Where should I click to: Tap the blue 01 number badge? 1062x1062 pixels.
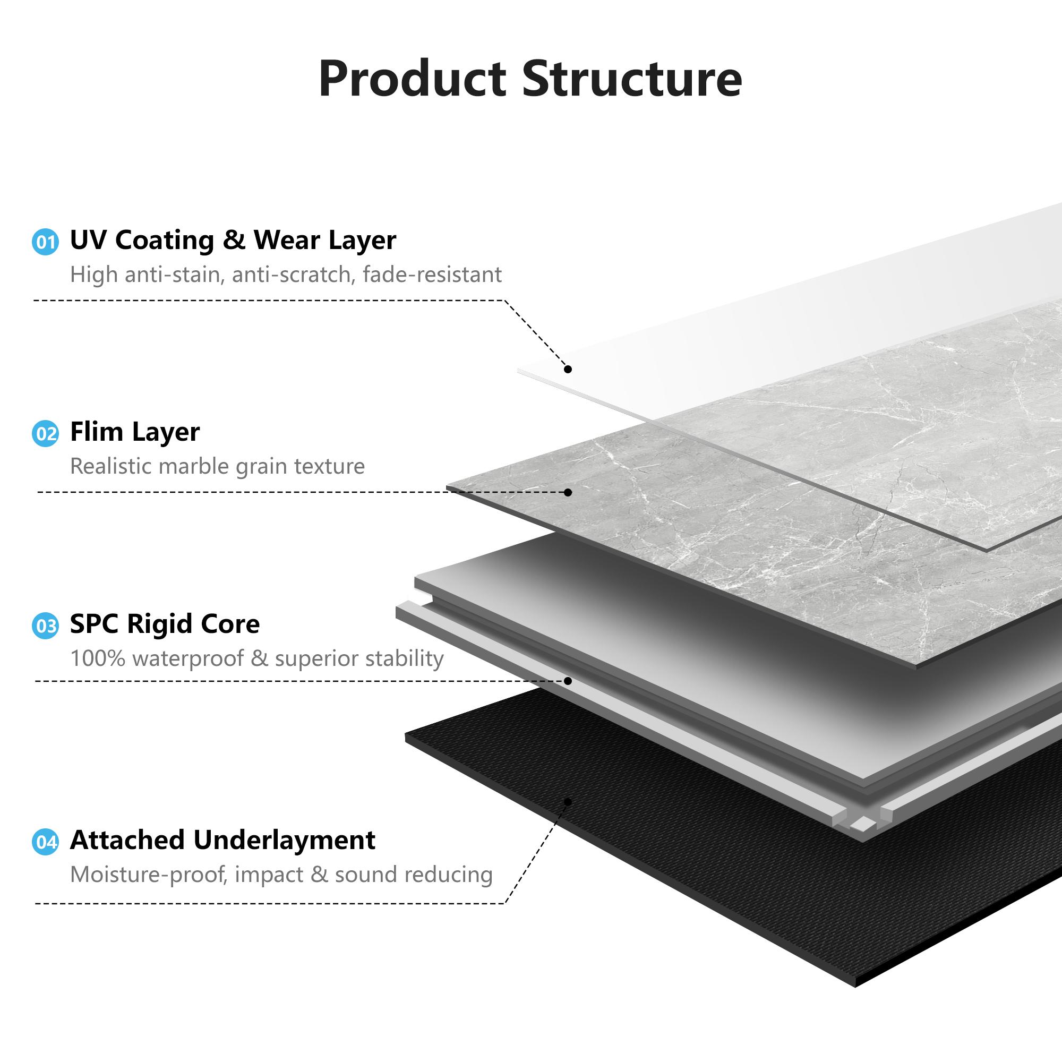click(45, 242)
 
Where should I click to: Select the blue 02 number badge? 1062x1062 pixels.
click(45, 434)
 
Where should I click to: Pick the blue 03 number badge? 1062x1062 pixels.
click(45, 626)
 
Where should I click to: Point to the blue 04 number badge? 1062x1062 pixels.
click(45, 842)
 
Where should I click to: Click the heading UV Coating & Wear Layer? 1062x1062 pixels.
click(233, 240)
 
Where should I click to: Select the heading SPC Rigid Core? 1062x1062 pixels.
click(165, 624)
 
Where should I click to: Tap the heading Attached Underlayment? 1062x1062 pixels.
click(222, 840)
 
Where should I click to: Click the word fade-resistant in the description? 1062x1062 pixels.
click(432, 275)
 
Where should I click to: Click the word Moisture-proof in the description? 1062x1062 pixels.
click(149, 874)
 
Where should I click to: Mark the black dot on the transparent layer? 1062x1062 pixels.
click(568, 369)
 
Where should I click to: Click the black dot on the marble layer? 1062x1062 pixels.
click(568, 492)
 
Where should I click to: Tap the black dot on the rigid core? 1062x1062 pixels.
click(568, 681)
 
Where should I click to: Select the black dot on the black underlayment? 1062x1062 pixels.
click(568, 802)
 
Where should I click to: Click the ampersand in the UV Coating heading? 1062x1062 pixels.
click(235, 241)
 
